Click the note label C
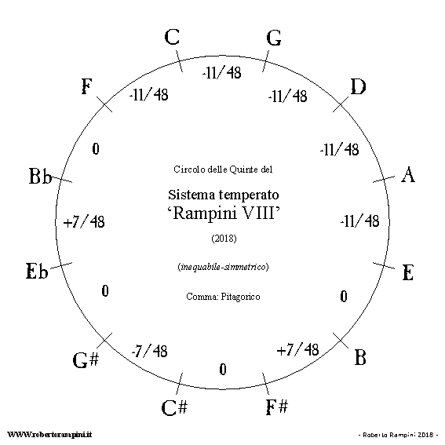pyautogui.click(x=172, y=37)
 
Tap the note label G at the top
pyautogui.click(x=274, y=38)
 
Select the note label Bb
pyautogui.click(x=41, y=176)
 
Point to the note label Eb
pyautogui.click(x=37, y=271)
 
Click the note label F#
pyautogui.click(x=277, y=407)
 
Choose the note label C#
pyautogui.click(x=174, y=407)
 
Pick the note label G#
pyautogui.click(x=86, y=360)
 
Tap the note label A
pyautogui.click(x=408, y=174)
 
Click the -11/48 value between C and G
pyautogui.click(x=221, y=73)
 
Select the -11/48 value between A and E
pyautogui.click(x=359, y=221)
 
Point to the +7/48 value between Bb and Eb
pyautogui.click(x=84, y=221)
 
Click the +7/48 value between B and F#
pyautogui.click(x=297, y=349)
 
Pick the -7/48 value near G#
pyautogui.click(x=149, y=351)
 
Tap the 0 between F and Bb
pyautogui.click(x=96, y=149)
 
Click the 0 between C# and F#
pyautogui.click(x=223, y=370)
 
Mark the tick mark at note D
pyautogui.click(x=341, y=104)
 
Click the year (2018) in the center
pyautogui.click(x=224, y=238)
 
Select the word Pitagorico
pyautogui.click(x=240, y=297)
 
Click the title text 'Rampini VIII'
pyautogui.click(x=224, y=213)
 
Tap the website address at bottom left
pyautogui.click(x=49, y=435)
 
